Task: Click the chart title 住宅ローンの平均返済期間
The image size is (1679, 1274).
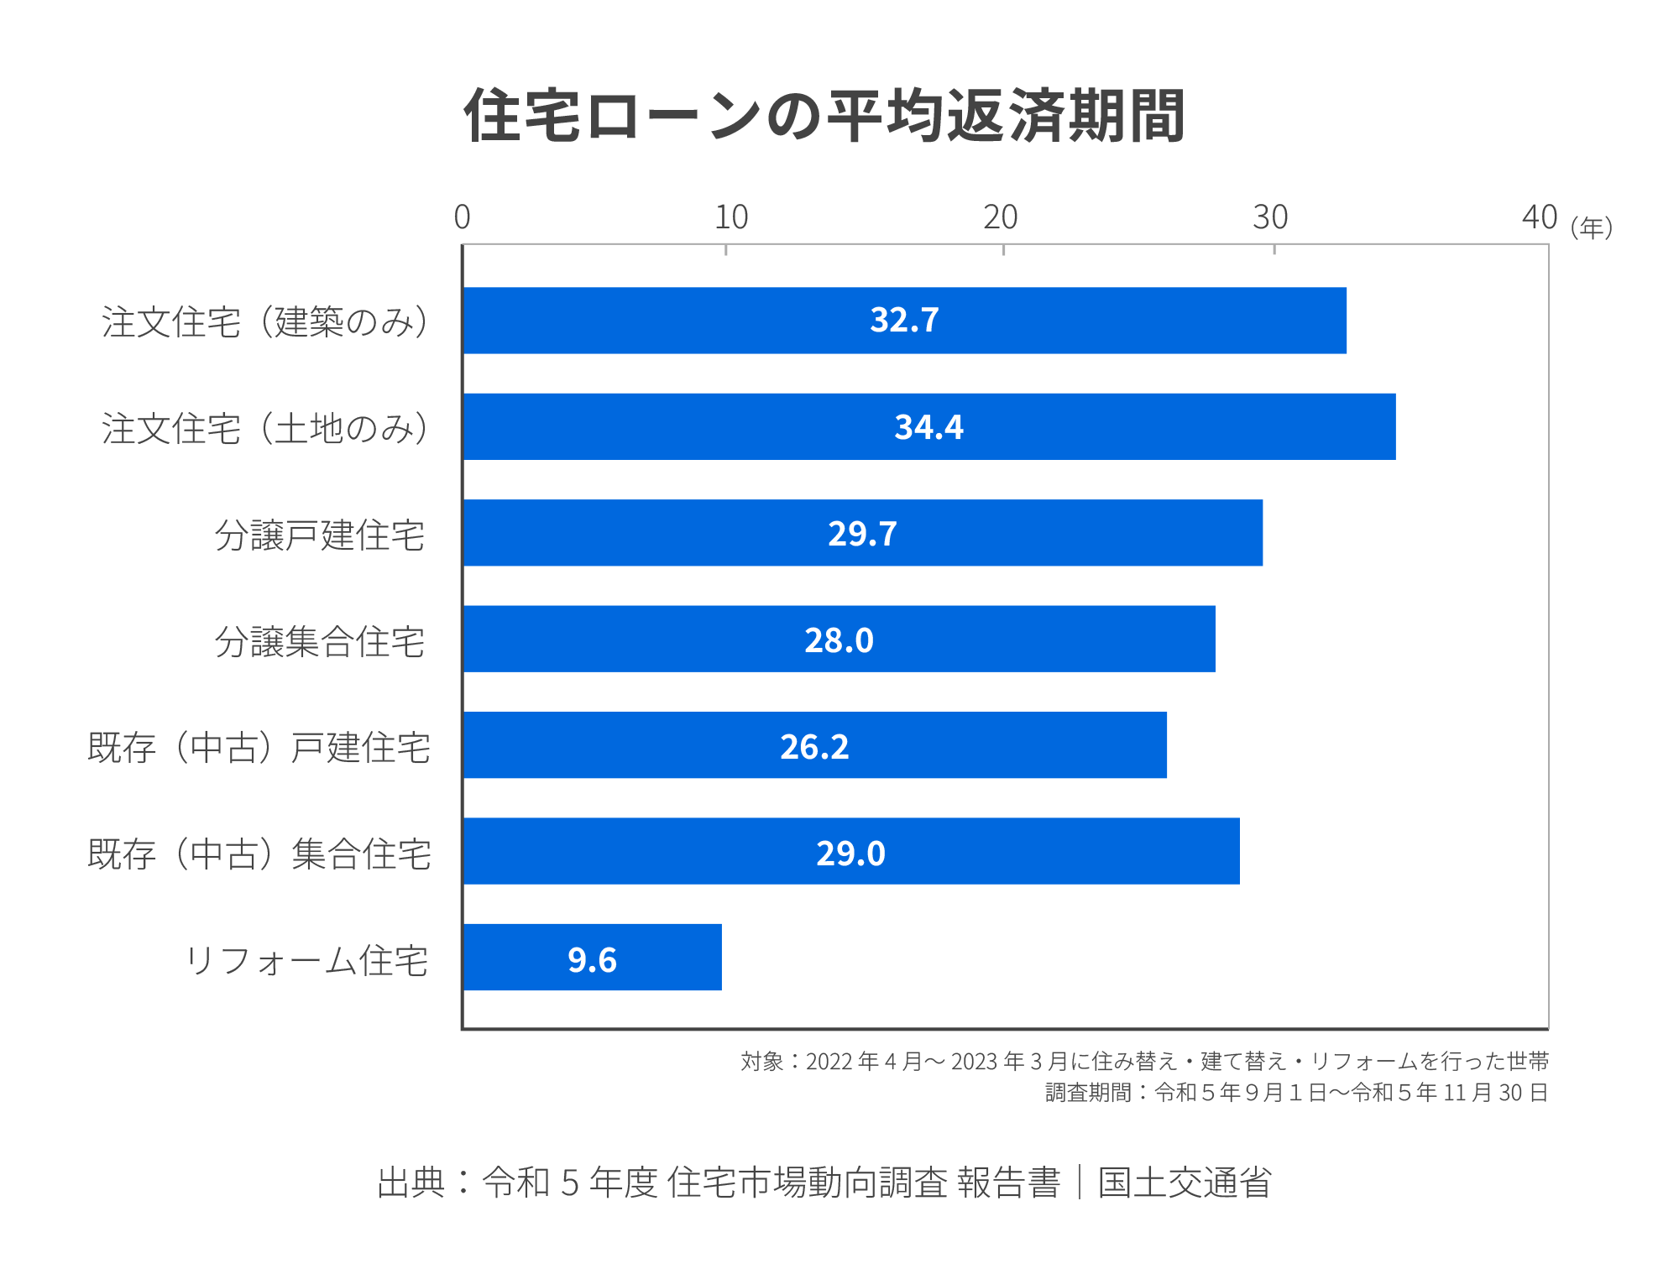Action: [x=824, y=116]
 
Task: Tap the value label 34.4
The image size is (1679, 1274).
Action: [x=928, y=427]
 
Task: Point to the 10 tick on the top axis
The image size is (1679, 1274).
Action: [x=730, y=218]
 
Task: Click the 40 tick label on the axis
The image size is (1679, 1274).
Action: [x=1539, y=218]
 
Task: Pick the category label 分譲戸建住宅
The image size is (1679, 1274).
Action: [x=320, y=535]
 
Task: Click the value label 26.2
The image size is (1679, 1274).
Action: [x=814, y=746]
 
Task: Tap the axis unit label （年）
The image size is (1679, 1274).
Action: [x=1592, y=227]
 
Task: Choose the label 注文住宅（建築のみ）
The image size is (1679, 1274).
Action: [x=265, y=321]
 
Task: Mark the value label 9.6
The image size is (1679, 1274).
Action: [x=592, y=959]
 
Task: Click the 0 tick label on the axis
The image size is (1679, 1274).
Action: [x=462, y=218]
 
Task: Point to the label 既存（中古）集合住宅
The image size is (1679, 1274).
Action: [x=259, y=854]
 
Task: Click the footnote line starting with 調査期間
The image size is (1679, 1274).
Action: [x=1296, y=1092]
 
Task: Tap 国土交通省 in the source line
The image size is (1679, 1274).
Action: [x=1185, y=1182]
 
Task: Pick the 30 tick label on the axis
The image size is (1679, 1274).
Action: [x=1270, y=218]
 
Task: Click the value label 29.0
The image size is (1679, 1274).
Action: [x=850, y=853]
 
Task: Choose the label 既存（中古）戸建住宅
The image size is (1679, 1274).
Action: [x=259, y=747]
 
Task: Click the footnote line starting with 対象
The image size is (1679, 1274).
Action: [x=1144, y=1061]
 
